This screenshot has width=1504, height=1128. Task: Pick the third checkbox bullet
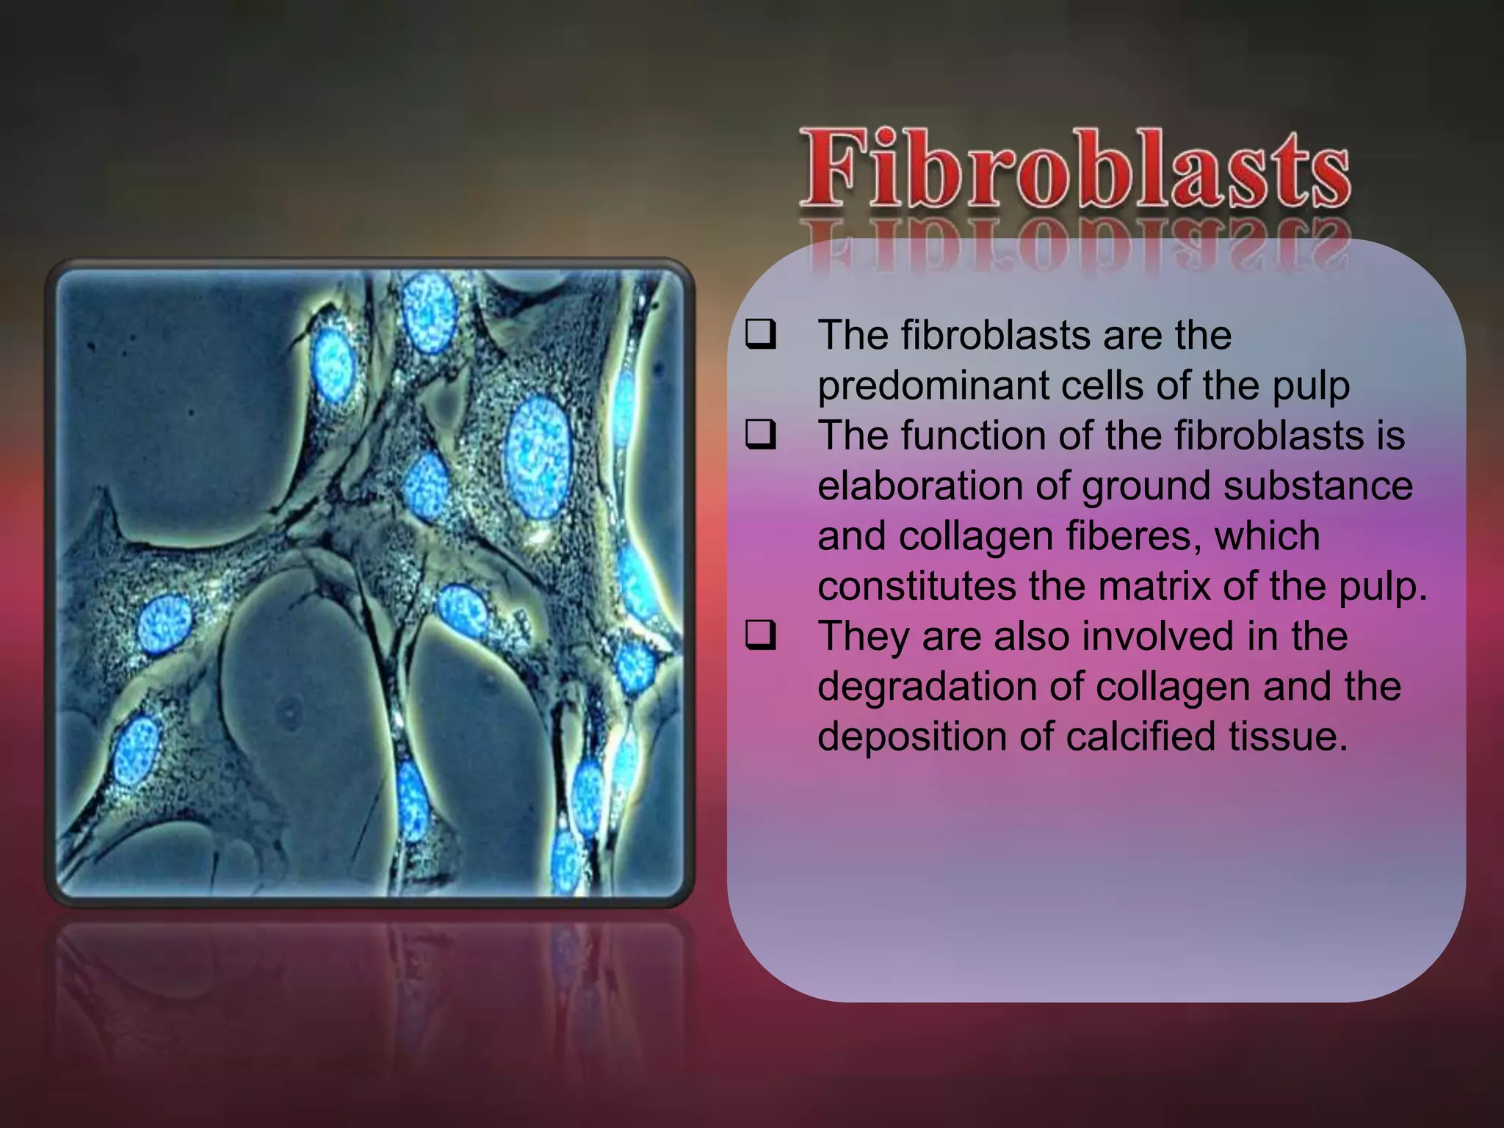760,635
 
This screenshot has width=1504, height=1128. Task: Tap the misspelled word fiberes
1134,536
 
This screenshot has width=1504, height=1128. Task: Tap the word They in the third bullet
864,637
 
